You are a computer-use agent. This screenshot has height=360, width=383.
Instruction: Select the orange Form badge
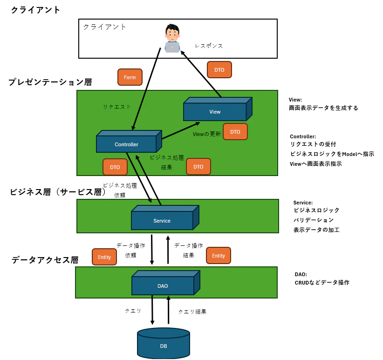tap(130, 77)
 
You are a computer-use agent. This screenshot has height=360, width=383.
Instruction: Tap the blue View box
tap(215, 112)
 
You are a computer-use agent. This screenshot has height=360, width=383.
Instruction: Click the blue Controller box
tap(126, 144)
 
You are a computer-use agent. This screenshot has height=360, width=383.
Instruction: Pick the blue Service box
tap(162, 220)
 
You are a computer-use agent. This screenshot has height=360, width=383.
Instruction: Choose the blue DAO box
tap(163, 285)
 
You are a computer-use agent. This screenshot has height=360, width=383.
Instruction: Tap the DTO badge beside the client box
tap(219, 70)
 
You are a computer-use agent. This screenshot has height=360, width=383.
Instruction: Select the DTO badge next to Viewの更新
tap(235, 132)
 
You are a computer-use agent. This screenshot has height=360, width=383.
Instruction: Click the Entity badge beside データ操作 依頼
tap(104, 257)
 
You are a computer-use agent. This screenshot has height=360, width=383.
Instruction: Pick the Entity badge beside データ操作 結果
tap(219, 256)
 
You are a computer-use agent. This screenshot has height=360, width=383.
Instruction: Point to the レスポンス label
tap(209, 46)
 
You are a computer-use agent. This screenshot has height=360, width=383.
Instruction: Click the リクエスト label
tap(117, 107)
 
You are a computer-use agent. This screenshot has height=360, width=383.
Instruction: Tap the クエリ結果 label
tap(192, 312)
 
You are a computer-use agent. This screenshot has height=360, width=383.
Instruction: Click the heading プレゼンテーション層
tap(50, 82)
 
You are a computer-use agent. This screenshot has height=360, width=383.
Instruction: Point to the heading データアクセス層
tap(45, 260)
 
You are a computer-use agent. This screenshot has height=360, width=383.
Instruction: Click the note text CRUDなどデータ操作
tap(322, 283)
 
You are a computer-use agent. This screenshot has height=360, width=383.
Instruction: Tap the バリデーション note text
tap(314, 220)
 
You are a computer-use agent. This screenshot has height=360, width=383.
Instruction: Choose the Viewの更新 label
tap(207, 134)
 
